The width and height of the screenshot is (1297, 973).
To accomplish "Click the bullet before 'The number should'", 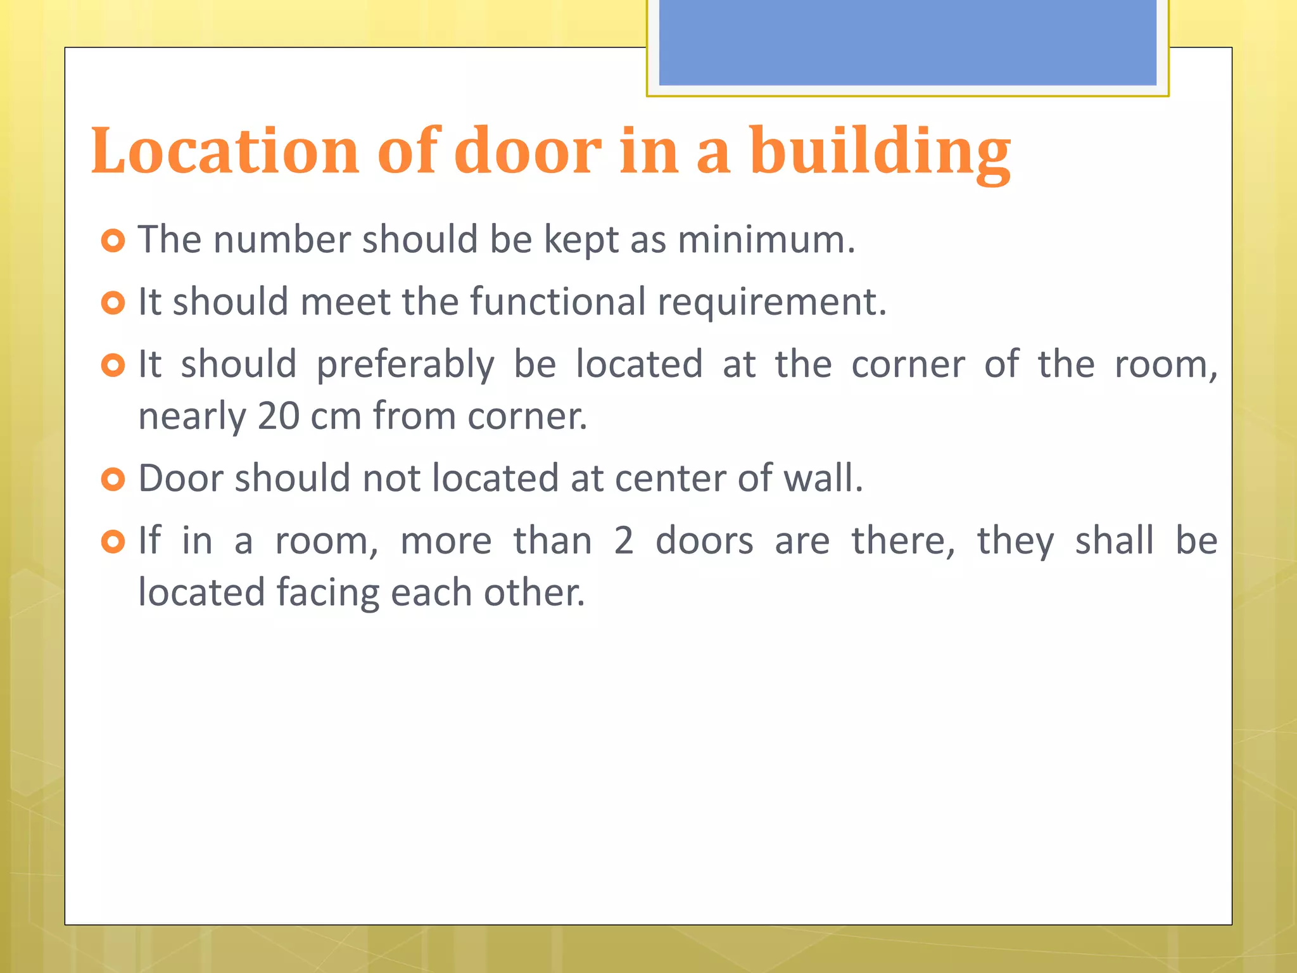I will tap(113, 241).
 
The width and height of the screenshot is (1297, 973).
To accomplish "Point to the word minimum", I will tap(766, 240).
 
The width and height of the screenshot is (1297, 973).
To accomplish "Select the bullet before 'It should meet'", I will tap(113, 303).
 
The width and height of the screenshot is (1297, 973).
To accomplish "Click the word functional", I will tap(558, 302).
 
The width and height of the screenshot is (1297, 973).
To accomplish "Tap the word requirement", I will tap(771, 303).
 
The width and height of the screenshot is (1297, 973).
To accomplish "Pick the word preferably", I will tap(405, 365).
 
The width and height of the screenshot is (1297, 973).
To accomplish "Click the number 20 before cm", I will tap(279, 416).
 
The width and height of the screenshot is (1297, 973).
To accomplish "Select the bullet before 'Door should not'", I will tap(113, 480).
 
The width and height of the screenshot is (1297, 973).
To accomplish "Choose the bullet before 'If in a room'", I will tap(113, 542).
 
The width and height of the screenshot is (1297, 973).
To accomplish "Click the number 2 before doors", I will tap(624, 541).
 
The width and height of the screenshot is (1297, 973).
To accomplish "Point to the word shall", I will tap(1115, 541).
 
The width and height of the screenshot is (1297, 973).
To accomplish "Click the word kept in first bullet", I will tap(581, 240).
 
